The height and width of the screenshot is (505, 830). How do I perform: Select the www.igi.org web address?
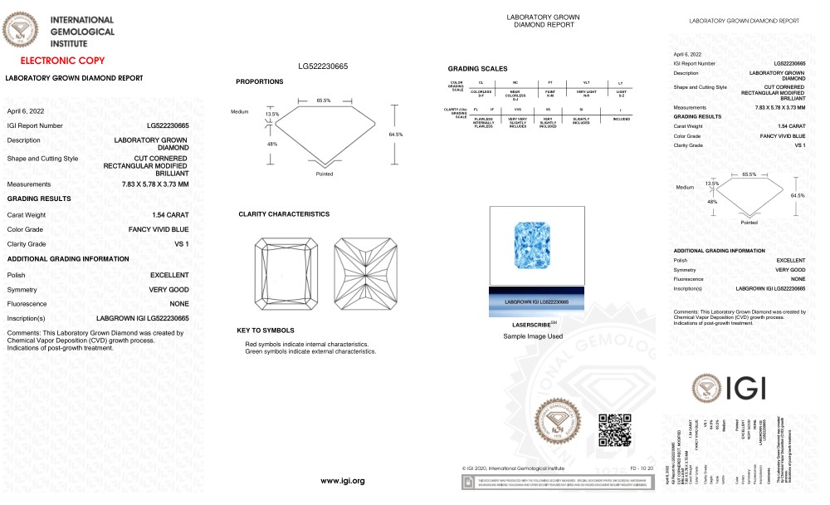(343, 481)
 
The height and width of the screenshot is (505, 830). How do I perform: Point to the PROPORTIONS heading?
(260, 81)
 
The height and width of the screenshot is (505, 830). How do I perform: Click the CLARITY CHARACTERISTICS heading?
(284, 214)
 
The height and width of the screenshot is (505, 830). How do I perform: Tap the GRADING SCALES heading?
(477, 69)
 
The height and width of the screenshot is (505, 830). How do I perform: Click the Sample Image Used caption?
(533, 336)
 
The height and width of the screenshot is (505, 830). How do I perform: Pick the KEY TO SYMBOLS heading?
(266, 331)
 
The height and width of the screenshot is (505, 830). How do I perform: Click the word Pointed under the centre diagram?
(325, 174)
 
